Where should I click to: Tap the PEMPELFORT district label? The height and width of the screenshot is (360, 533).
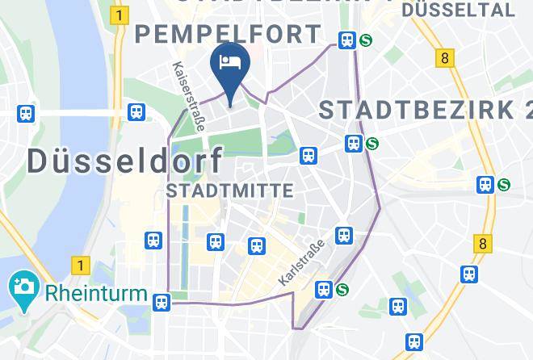tap(228, 34)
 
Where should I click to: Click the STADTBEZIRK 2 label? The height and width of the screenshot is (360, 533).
tap(426, 110)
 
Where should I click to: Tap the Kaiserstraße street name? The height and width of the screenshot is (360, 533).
tap(191, 98)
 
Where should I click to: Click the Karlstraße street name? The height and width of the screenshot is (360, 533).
tap(300, 261)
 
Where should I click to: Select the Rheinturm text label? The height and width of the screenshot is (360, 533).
tap(97, 292)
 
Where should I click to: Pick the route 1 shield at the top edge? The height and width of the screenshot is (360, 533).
tap(121, 15)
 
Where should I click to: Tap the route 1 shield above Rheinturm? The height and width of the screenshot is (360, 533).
tap(79, 264)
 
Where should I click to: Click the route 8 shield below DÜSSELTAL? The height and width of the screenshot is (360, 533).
tap(443, 58)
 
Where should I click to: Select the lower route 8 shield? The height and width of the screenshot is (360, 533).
tap(483, 242)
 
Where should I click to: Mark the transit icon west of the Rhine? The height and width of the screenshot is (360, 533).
tap(27, 114)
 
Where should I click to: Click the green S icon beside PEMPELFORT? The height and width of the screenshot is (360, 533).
tap(366, 40)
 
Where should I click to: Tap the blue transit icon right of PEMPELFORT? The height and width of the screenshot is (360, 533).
tap(348, 40)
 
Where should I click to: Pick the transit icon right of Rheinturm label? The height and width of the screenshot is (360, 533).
tap(162, 303)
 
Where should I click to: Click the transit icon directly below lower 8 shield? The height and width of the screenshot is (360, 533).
tap(469, 274)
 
